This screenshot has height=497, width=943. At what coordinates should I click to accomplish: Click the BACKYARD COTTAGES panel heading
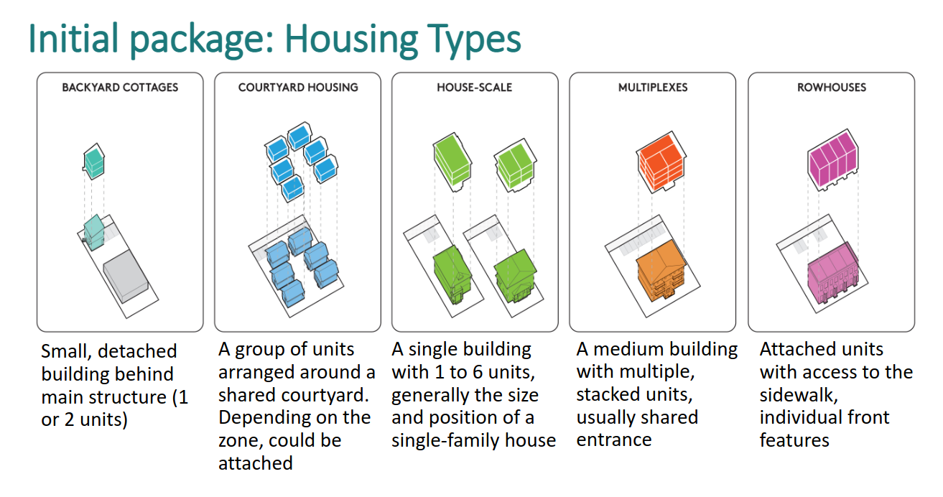120,88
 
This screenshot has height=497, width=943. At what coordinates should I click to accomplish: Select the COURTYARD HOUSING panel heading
298,88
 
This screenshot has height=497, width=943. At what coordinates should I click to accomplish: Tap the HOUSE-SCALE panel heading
475,88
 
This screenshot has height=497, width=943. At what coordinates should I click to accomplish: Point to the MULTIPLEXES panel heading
653,88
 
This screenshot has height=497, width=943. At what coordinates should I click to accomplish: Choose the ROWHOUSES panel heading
832,88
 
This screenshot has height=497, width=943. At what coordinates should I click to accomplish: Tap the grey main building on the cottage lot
126,276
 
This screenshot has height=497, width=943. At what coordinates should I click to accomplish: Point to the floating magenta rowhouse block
832,160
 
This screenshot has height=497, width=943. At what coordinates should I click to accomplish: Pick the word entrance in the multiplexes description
614,440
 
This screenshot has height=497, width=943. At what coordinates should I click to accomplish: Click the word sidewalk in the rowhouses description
799,396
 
